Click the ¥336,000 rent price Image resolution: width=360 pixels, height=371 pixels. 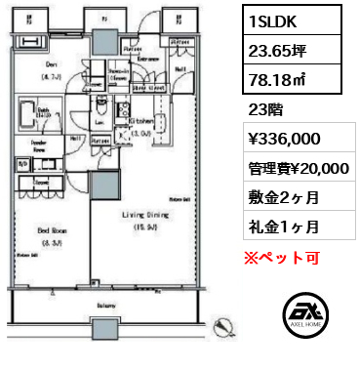point(288,140)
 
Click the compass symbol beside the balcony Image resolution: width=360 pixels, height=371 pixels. point(225,324)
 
